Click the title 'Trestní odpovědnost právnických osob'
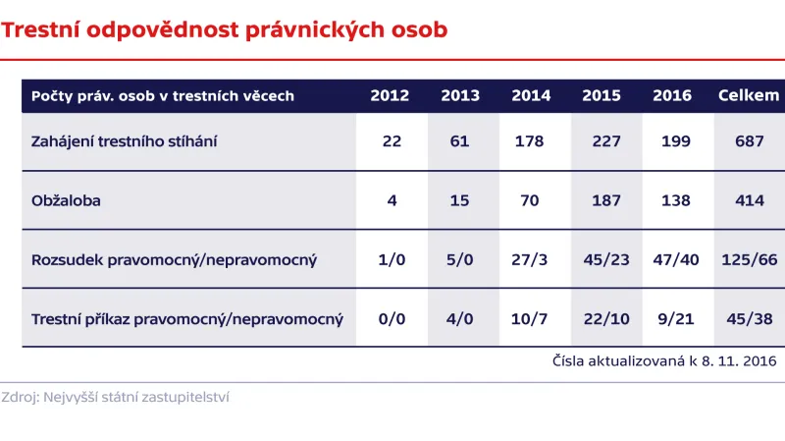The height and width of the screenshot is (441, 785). coord(225,29)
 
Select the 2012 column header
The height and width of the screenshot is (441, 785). coord(391,96)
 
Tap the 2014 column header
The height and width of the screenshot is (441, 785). coord(531,96)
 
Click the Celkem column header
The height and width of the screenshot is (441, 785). coord(749,96)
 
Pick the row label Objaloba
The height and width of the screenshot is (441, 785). coord(67,200)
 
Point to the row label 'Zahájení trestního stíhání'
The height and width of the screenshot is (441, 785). coord(125,141)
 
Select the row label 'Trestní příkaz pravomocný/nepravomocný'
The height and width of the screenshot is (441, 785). coord(187,318)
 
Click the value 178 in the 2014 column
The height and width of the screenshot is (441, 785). coord(529,141)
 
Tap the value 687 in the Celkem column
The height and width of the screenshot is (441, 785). coord(749,141)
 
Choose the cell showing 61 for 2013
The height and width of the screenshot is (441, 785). coord(460,141)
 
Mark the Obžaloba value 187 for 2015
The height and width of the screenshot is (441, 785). coord(606,200)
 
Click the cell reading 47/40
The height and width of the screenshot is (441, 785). coord(677,259)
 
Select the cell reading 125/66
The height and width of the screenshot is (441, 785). coord(749,259)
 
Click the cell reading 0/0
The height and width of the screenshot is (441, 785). coord(392,318)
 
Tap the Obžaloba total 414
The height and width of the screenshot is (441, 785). coord(749,200)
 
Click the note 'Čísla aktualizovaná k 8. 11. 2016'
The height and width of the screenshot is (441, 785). coord(664,360)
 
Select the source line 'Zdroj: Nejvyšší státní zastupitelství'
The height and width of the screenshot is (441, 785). coord(116,398)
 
